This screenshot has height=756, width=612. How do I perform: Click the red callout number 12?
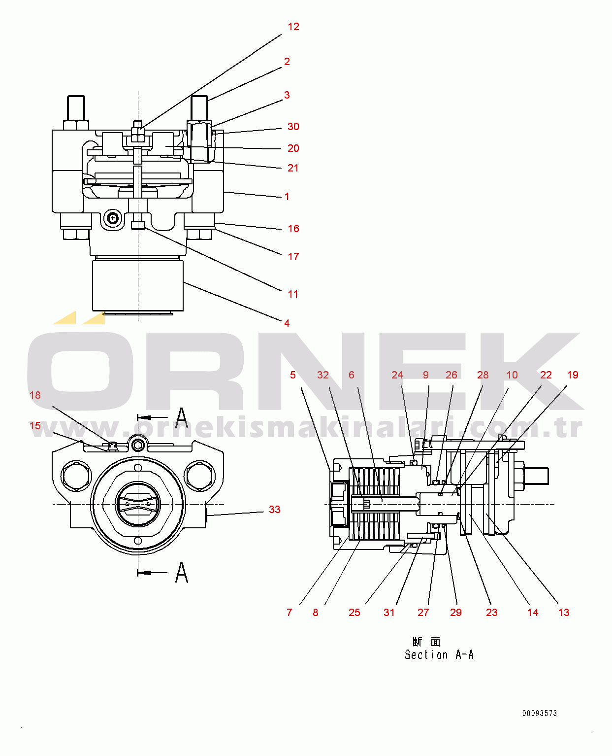293,27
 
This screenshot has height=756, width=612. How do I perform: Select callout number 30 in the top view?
293,127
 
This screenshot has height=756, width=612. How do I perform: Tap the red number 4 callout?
287,323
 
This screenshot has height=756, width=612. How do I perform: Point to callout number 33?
274,510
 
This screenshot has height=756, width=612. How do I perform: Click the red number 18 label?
35,395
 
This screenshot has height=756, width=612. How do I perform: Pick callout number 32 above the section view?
322,375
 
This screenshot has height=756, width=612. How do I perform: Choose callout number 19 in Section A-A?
573,375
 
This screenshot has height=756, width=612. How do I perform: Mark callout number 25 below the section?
354,612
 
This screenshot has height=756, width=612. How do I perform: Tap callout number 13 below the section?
564,612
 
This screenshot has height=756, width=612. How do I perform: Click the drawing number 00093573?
539,714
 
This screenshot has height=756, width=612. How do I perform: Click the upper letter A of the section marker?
182,418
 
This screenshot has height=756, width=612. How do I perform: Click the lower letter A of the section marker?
182,573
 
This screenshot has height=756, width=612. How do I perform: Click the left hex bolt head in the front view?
76,476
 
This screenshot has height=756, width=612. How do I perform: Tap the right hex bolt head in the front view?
199,476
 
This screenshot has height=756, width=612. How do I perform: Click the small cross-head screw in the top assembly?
113,218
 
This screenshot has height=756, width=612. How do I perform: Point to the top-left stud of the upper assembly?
76,108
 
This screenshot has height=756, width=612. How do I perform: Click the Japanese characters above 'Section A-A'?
426,642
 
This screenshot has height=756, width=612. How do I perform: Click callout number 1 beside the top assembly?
287,197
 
